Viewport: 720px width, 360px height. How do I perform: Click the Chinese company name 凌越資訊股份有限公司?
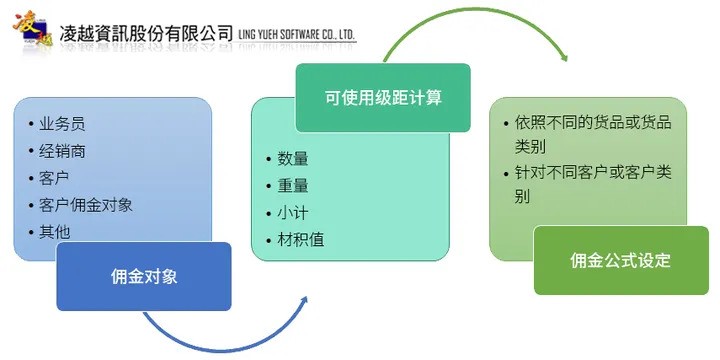pos(146,35)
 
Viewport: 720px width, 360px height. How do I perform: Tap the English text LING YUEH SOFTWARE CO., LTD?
pos(296,35)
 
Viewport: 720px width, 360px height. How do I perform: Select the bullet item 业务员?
pos(62,124)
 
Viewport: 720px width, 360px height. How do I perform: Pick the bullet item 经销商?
pos(62,151)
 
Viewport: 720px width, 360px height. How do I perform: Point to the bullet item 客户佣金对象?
pos(86,205)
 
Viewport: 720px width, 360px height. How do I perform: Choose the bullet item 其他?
pos(54,232)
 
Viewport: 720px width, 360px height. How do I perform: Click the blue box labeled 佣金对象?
pos(144,276)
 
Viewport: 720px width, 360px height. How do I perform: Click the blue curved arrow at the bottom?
pos(220,340)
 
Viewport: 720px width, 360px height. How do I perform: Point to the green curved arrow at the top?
pos(470,20)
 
